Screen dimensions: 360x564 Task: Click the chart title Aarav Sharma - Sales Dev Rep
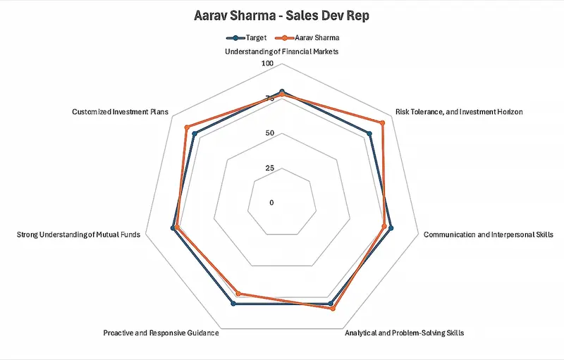point(281,15)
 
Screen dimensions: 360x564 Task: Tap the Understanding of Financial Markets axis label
point(282,52)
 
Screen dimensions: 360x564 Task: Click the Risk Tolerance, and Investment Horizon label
point(459,112)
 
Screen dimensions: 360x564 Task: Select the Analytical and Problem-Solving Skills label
point(404,333)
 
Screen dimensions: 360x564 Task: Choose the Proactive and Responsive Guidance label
point(161,333)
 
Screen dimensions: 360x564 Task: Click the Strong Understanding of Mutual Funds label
point(78,234)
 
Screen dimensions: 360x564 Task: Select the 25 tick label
point(269,168)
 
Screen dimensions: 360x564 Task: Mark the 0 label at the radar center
point(272,203)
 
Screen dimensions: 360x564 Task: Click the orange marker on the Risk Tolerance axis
point(383,123)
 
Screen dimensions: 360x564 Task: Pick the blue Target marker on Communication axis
point(391,228)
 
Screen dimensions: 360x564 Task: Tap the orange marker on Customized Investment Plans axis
point(187,128)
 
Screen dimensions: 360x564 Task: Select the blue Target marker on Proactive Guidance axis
point(234,304)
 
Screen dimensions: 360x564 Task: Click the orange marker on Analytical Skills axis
point(333,309)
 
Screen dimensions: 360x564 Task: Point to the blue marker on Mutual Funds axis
point(173,228)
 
